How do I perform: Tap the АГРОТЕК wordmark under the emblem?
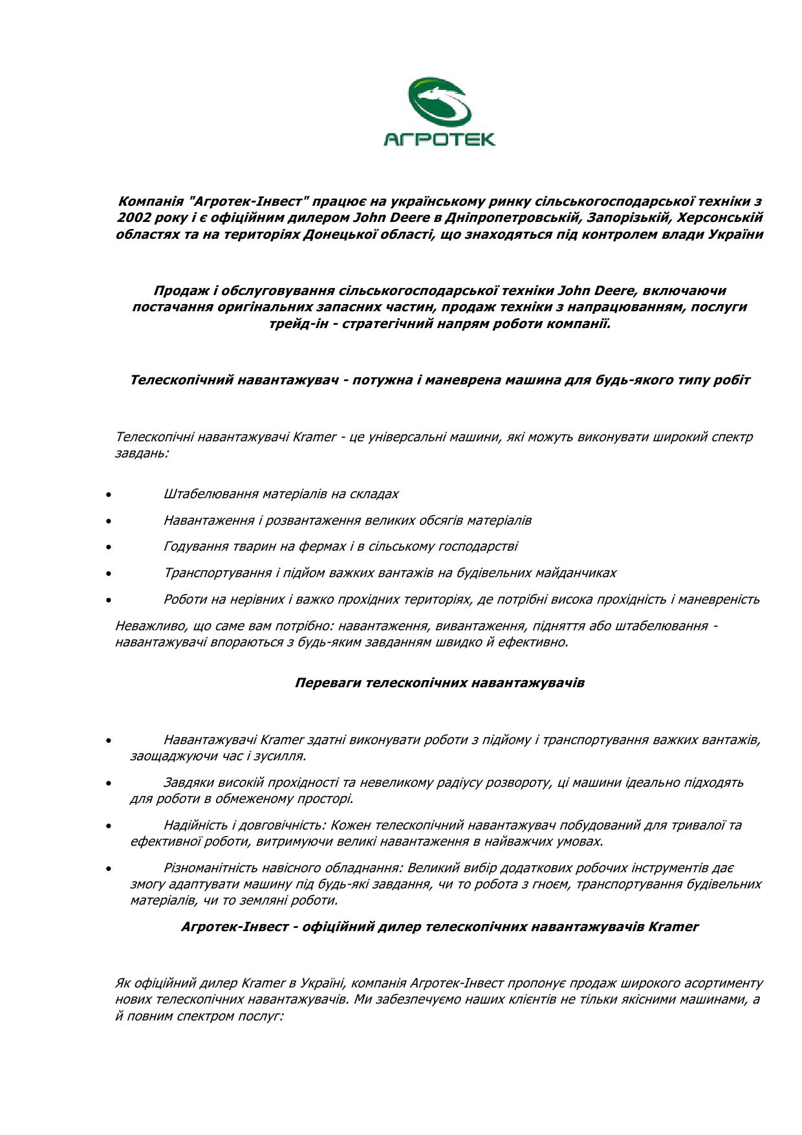point(440,139)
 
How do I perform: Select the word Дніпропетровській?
point(513,217)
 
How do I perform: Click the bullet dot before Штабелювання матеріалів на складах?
point(109,495)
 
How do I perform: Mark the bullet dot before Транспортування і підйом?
point(109,574)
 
